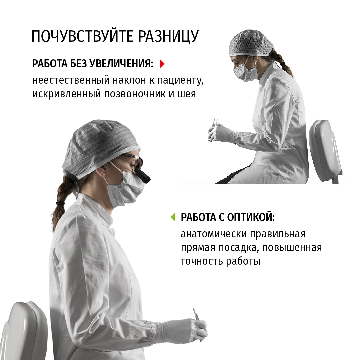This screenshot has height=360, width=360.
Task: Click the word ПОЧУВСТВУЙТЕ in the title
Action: pyautogui.click(x=82, y=36)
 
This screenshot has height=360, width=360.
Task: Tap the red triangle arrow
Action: pyautogui.click(x=162, y=64)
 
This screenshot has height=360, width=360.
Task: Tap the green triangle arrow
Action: pyautogui.click(x=173, y=217)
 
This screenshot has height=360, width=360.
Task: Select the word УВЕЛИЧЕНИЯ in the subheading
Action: pyautogui.click(x=121, y=64)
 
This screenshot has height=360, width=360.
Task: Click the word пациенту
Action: pyautogui.click(x=180, y=81)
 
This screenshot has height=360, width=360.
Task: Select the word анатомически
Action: pyautogui.click(x=214, y=234)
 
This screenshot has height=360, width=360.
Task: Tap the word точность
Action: pyautogui.click(x=202, y=261)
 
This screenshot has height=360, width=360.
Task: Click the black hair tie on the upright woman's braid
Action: pyautogui.click(x=61, y=203)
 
